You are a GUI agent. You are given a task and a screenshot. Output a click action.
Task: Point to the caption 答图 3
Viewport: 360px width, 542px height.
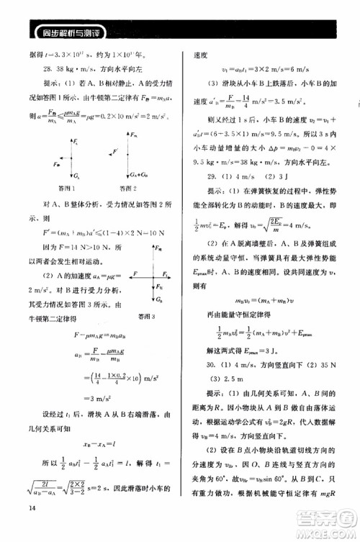coord(151,315)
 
